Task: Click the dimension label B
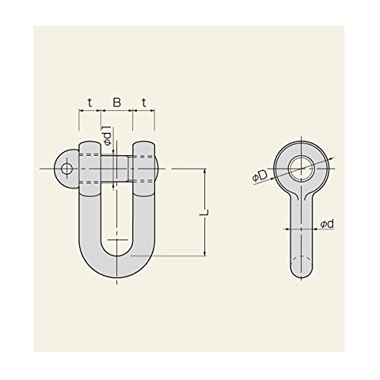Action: (x=117, y=103)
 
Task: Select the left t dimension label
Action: (x=90, y=103)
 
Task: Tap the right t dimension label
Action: (x=144, y=103)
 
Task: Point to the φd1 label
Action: (x=108, y=135)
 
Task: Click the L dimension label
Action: (x=204, y=213)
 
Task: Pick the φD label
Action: (x=260, y=176)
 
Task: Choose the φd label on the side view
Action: (x=327, y=224)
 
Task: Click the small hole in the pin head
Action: (x=67, y=169)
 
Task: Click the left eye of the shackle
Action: (x=90, y=169)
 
